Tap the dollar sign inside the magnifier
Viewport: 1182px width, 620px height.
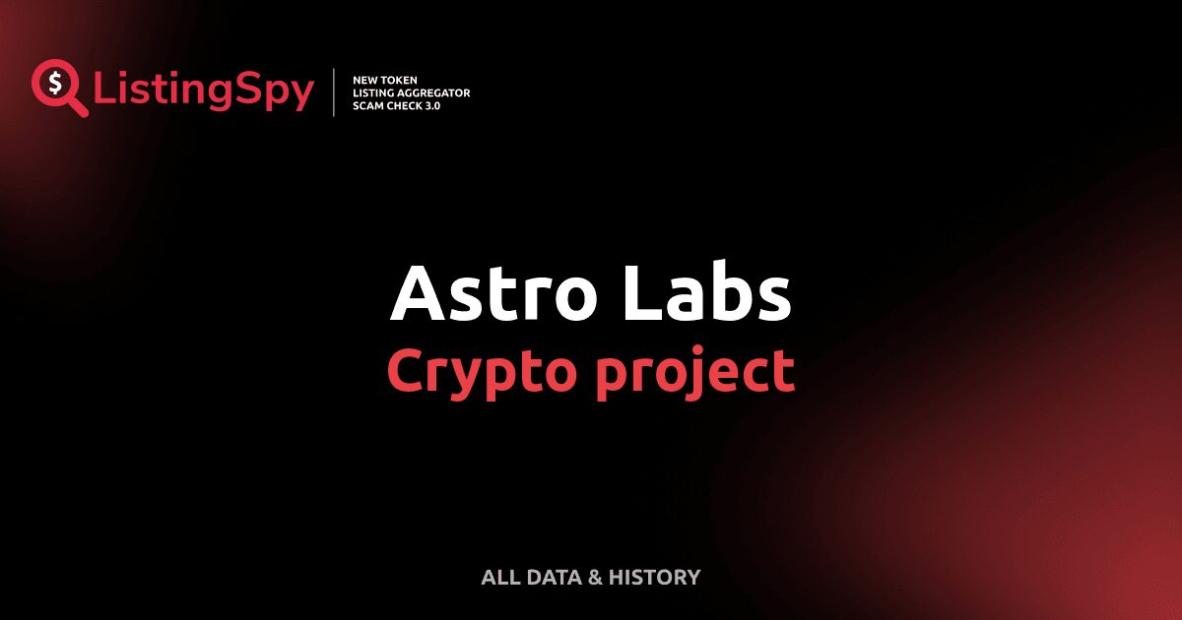(52, 82)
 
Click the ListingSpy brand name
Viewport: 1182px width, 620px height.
(204, 92)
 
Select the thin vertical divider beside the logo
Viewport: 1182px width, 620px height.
(335, 93)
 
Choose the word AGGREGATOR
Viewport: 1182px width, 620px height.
(437, 93)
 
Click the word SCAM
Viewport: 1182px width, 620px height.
(368, 105)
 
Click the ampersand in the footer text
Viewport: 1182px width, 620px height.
(594, 578)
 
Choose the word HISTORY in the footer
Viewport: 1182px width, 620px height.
(654, 578)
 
